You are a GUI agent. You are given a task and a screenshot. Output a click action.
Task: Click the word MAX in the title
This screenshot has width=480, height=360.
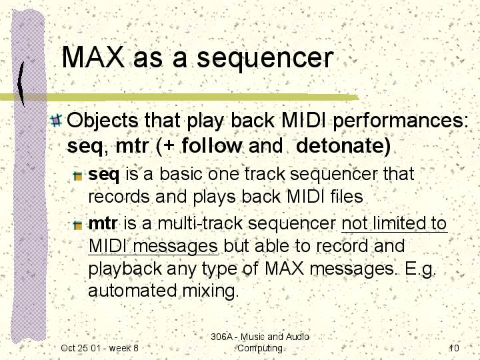tap(93, 57)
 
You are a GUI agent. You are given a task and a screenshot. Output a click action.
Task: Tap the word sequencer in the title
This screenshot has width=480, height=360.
tap(265, 60)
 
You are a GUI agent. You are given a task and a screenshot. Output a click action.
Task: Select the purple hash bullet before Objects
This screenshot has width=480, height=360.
tap(56, 120)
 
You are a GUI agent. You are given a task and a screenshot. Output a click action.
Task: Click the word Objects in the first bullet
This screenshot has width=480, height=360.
tap(102, 121)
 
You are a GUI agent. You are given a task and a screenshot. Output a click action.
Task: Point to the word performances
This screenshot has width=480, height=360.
tap(401, 121)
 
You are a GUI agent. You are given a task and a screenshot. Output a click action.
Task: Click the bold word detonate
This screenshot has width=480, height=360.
tap(343, 145)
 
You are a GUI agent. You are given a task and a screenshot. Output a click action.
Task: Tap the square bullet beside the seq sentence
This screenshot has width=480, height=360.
tap(78, 176)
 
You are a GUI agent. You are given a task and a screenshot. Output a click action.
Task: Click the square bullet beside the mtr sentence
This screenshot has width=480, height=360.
tap(78, 225)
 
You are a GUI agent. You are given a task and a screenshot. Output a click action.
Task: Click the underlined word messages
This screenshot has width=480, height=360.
tap(176, 247)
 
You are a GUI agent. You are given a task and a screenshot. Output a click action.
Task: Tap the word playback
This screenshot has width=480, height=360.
tap(125, 269)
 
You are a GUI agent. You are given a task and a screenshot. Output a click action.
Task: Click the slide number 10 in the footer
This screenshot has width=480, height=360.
tap(454, 348)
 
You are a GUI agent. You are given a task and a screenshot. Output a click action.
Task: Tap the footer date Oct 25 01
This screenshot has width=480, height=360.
tap(81, 348)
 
